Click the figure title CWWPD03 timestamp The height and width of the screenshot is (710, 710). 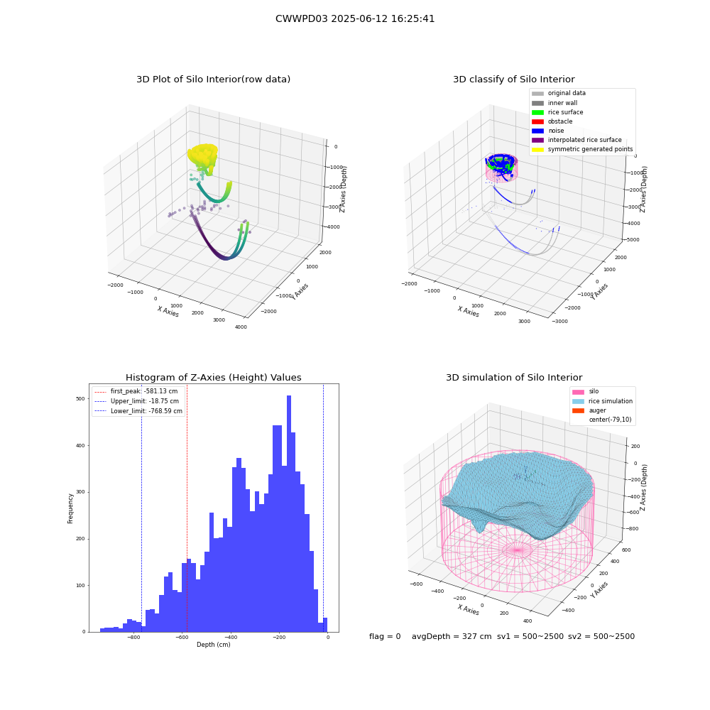355,18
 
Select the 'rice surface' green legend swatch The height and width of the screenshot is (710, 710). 537,112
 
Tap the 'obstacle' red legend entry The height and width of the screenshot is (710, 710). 552,121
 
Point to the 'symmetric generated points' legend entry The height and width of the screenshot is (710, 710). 582,149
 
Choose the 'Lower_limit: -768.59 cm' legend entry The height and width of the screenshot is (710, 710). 138,411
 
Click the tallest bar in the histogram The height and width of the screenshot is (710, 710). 289,513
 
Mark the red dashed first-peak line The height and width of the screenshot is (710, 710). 187,508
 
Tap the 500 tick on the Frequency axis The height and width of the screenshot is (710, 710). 80,399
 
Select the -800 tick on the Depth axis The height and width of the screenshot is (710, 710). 133,637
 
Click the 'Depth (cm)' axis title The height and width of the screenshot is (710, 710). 214,645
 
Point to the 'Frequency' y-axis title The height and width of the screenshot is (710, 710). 70,508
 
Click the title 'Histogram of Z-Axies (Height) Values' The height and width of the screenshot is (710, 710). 213,377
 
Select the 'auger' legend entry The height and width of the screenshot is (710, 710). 589,410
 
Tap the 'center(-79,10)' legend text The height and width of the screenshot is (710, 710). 610,420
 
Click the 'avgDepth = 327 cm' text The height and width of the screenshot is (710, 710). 452,636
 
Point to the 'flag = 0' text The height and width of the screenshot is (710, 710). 385,636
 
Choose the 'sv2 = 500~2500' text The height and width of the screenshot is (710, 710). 601,636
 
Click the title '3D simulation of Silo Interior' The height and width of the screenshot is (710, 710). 514,377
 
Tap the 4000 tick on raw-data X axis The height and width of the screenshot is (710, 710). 241,327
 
